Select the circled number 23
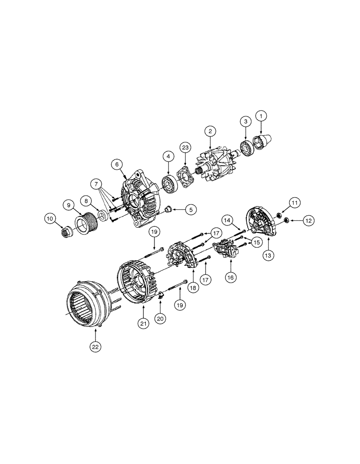point(186,148)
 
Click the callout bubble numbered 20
point(160,319)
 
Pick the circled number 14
point(227,219)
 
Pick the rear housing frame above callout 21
point(138,283)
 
